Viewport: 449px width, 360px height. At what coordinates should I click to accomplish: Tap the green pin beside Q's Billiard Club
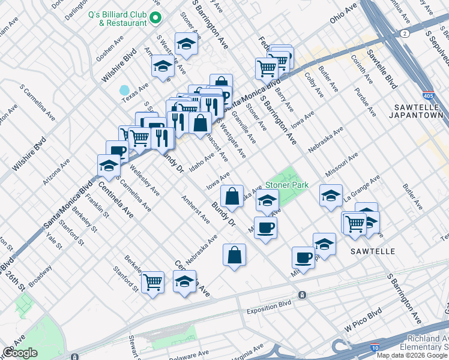click(155, 18)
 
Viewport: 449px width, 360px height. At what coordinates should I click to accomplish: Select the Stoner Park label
click(288, 185)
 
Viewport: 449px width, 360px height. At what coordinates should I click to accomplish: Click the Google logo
click(20, 352)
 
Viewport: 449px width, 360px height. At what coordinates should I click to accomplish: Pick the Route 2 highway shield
click(406, 34)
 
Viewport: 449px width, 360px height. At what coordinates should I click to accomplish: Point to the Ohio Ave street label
click(343, 13)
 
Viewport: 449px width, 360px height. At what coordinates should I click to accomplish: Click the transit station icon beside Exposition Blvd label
click(301, 295)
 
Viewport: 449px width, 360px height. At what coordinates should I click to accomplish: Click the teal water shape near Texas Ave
click(125, 91)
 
